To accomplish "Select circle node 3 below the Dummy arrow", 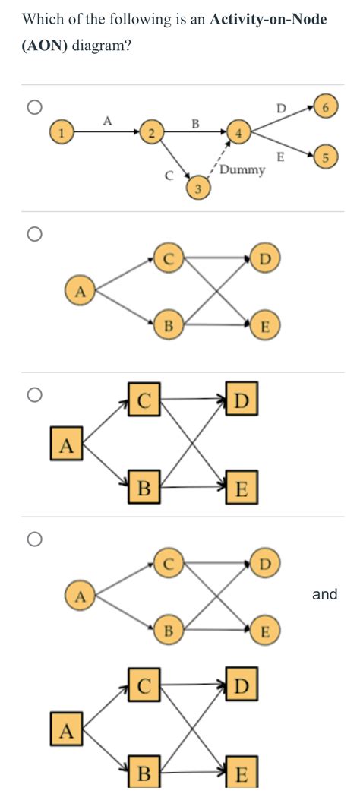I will point(198,188).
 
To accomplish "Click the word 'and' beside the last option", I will point(324,594).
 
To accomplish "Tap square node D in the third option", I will point(242,400).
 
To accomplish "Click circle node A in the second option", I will point(78,289).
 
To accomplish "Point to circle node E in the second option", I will point(265,327).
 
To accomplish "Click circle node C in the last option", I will point(169,564).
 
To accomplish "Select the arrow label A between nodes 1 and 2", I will point(107,119).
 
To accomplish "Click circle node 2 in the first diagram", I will point(151,133).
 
